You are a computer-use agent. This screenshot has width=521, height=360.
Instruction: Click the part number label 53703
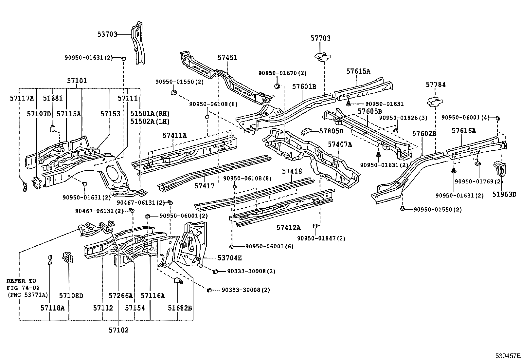click(x=107, y=34)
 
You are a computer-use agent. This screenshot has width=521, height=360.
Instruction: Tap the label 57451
click(x=227, y=58)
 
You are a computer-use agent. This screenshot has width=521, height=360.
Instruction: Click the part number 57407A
click(x=340, y=144)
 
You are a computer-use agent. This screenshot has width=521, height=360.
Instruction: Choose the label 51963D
click(x=504, y=195)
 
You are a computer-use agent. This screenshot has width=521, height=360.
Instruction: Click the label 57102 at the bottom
click(x=119, y=330)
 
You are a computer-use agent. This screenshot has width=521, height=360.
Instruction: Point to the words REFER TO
click(x=21, y=281)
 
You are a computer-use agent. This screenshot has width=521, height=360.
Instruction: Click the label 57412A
click(x=288, y=228)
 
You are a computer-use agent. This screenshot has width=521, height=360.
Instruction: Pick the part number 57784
click(x=436, y=85)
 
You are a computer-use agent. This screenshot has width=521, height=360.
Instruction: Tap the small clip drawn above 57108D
click(x=68, y=257)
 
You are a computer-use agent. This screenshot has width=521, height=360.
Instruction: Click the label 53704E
click(x=229, y=258)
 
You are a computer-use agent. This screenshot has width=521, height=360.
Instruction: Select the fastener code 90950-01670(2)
click(x=282, y=73)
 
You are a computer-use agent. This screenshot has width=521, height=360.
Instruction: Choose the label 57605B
click(x=369, y=111)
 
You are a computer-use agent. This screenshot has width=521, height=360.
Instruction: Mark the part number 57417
click(x=204, y=186)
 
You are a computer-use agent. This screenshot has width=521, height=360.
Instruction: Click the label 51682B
click(x=180, y=308)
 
